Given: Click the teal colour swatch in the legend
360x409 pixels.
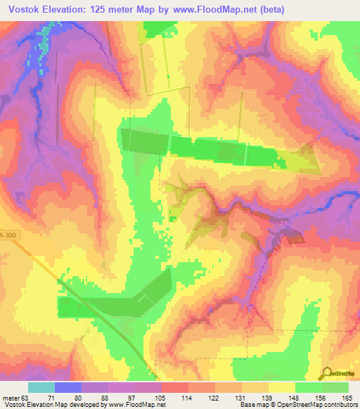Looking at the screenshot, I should [x=41, y=387].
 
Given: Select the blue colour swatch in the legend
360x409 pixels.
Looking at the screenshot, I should [x=68, y=387].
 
